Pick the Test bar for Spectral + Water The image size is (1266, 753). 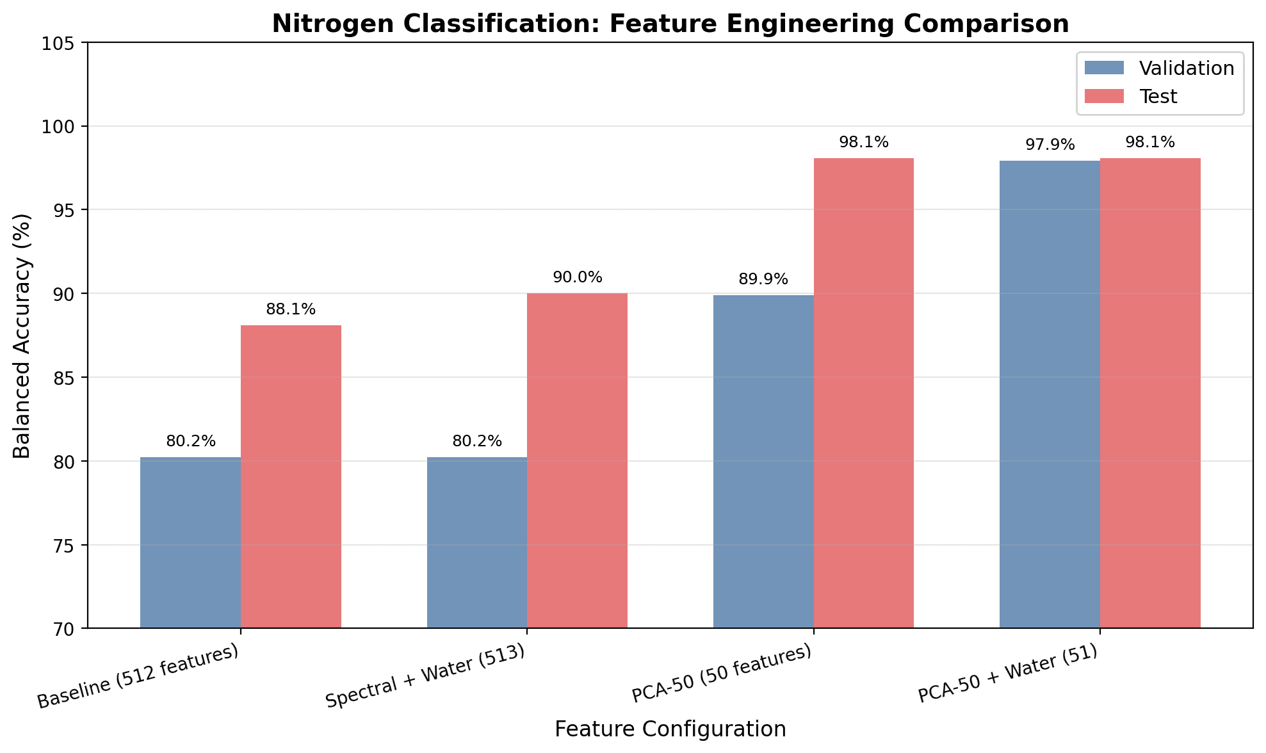(x=577, y=460)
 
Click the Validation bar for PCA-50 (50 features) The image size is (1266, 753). (x=763, y=461)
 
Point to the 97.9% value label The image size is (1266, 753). (x=1050, y=145)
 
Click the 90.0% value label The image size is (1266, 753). (x=577, y=277)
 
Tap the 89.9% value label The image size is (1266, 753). (x=763, y=279)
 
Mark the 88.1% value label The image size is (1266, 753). (x=291, y=309)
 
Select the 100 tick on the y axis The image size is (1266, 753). (x=61, y=127)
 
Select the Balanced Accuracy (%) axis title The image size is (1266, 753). (x=22, y=336)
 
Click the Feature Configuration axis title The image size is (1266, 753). (x=670, y=729)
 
